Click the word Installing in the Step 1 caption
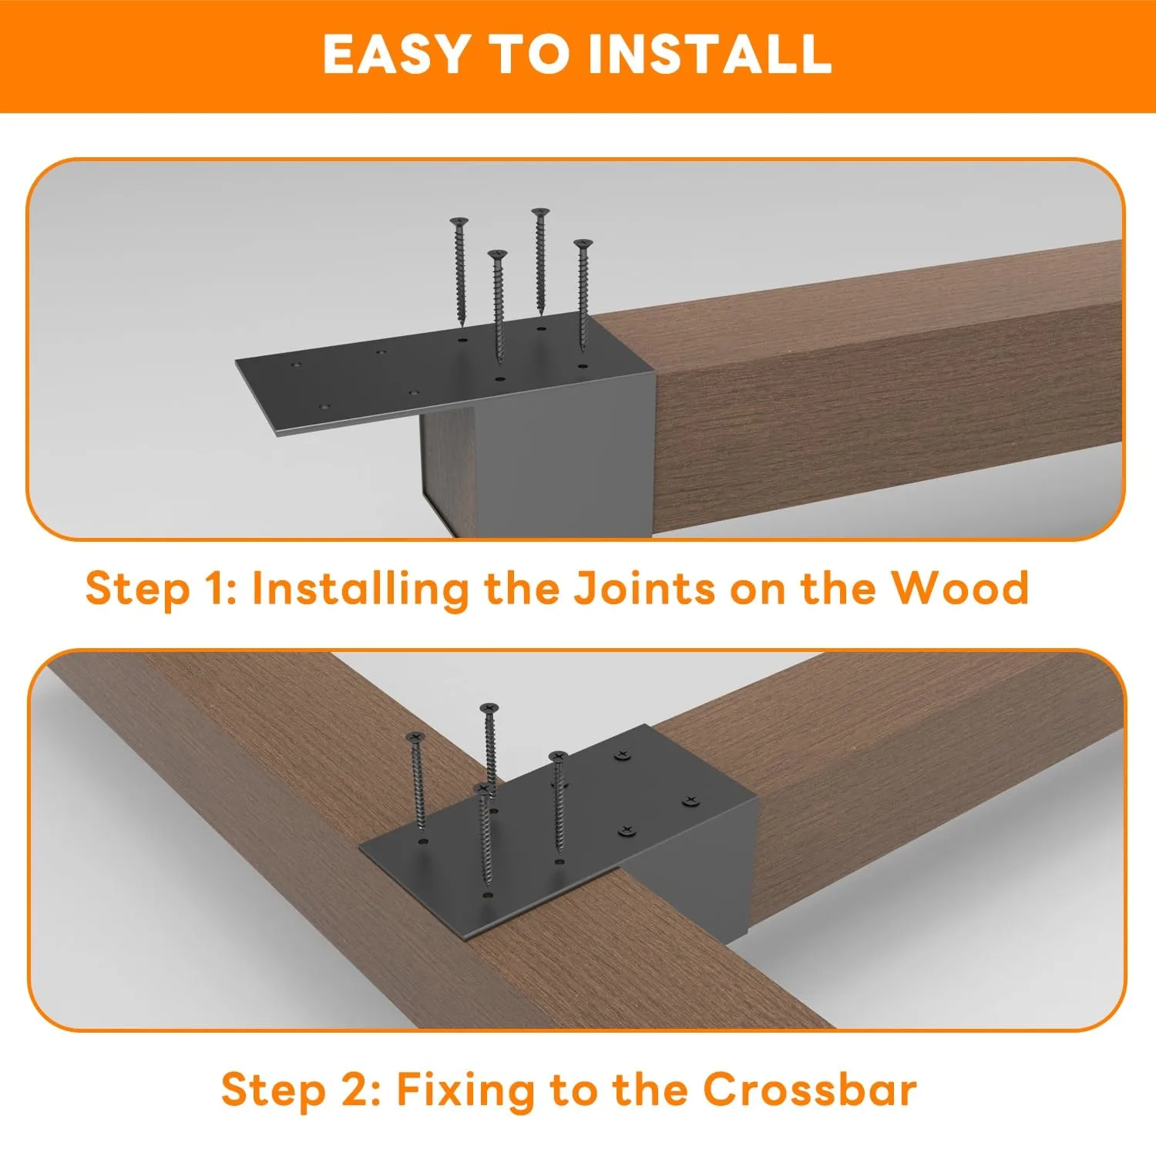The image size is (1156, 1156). [x=360, y=590]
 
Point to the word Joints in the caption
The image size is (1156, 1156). [x=644, y=588]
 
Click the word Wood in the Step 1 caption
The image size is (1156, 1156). [x=959, y=588]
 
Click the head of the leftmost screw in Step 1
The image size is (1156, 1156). [x=459, y=222]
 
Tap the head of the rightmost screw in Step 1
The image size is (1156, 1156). [x=583, y=244]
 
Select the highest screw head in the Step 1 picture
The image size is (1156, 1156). [x=540, y=212]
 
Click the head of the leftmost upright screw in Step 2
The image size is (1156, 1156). [x=415, y=738]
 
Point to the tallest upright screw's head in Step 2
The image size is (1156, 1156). [x=489, y=707]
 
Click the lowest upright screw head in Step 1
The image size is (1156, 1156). [x=498, y=254]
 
